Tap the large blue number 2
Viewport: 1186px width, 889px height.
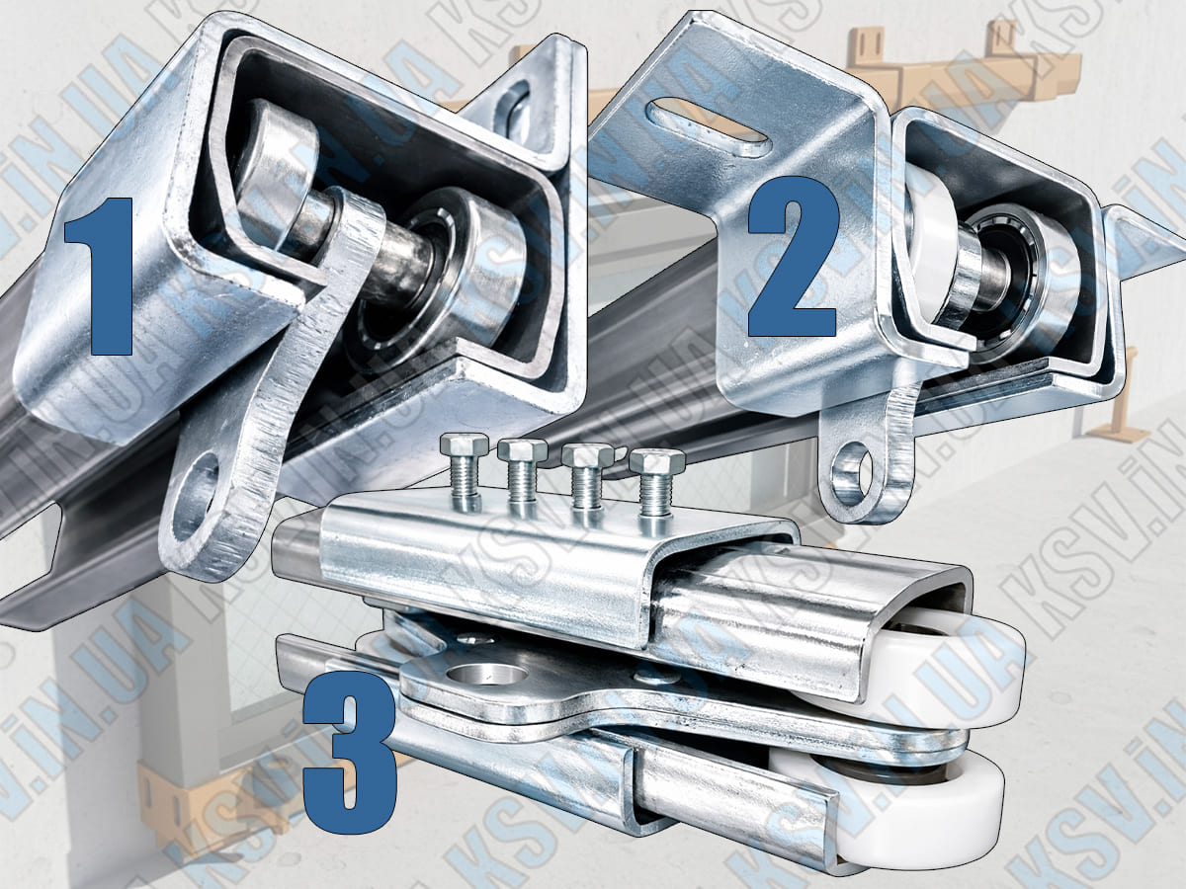click(x=794, y=257)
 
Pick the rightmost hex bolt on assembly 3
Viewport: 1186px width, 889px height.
click(x=657, y=486)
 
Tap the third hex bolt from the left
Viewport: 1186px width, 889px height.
click(x=587, y=480)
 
